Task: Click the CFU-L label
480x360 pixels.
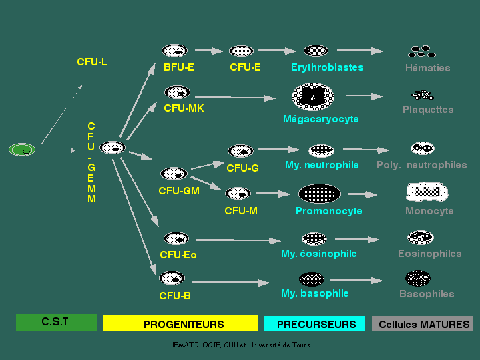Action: pyautogui.click(x=92, y=62)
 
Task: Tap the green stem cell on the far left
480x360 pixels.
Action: pyautogui.click(x=22, y=150)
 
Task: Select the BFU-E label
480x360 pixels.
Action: pyautogui.click(x=178, y=67)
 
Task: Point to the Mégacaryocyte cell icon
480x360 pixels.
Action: pyautogui.click(x=313, y=98)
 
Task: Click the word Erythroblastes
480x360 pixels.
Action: pyautogui.click(x=327, y=67)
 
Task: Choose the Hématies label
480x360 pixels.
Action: pyautogui.click(x=427, y=68)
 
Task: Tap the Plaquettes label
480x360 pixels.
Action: pyautogui.click(x=428, y=110)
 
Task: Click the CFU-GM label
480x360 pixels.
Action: pyautogui.click(x=179, y=190)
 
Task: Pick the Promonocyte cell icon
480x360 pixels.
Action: pyautogui.click(x=320, y=194)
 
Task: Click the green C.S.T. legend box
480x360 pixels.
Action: pyautogui.click(x=57, y=323)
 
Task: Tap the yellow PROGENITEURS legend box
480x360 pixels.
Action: pyautogui.click(x=180, y=323)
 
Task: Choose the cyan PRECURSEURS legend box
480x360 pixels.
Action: pyautogui.click(x=315, y=323)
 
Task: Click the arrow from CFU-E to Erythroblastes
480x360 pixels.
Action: pyautogui.click(x=276, y=50)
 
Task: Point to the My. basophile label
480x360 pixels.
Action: pyautogui.click(x=314, y=293)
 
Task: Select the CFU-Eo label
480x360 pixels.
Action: pyautogui.click(x=178, y=254)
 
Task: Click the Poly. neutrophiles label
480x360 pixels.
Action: pyautogui.click(x=421, y=165)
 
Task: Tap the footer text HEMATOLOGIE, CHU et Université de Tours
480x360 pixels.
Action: pyautogui.click(x=240, y=345)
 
